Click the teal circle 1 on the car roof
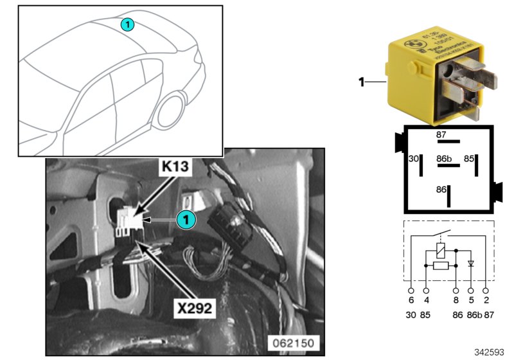tap(127, 24)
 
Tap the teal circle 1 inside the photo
tap(186, 220)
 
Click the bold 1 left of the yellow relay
tap(361, 82)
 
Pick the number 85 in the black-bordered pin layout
tap(469, 157)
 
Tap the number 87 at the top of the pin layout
tap(441, 135)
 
